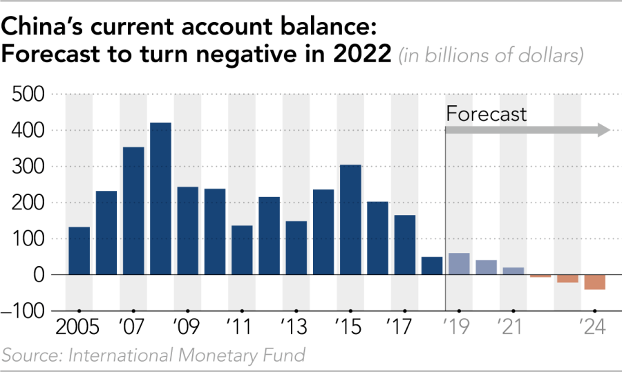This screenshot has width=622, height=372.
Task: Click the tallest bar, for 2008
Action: pyautogui.click(x=161, y=199)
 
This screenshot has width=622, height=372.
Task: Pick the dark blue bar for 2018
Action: pyautogui.click(x=432, y=266)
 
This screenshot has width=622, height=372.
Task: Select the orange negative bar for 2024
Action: pyautogui.click(x=595, y=282)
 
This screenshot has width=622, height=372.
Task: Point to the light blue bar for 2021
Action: pyautogui.click(x=513, y=271)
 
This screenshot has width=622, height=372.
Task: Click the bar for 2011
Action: pyautogui.click(x=242, y=250)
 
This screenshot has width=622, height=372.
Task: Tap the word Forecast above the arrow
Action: pyautogui.click(x=487, y=114)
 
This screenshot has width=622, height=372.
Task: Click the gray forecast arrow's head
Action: pyautogui.click(x=602, y=130)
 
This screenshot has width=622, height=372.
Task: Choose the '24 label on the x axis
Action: pyautogui.click(x=594, y=326)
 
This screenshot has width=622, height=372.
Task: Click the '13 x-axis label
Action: pyautogui.click(x=295, y=326)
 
